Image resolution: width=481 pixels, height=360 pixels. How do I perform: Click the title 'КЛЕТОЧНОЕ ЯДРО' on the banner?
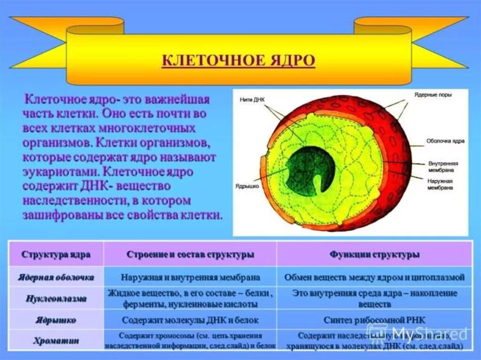[x=238, y=61]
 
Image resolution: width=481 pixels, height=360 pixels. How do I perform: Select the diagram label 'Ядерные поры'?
[x=433, y=95]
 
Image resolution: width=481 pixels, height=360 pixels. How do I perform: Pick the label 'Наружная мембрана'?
[x=440, y=184]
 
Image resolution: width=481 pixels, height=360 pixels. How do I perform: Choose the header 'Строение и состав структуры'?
[x=190, y=254]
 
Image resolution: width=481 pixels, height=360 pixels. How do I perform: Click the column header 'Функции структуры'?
[x=374, y=254]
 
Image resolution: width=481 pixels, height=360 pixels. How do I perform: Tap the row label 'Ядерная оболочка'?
[x=56, y=277]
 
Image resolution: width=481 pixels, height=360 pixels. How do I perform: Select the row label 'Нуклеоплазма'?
[x=56, y=299]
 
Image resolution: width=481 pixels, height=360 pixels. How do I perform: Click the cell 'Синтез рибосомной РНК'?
[x=374, y=320]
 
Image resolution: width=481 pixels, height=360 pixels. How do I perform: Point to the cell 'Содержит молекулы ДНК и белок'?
[x=190, y=320]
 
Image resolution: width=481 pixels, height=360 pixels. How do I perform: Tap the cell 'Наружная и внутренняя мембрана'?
[x=190, y=277]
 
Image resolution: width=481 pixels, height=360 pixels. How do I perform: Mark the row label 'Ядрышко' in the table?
[x=56, y=320]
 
